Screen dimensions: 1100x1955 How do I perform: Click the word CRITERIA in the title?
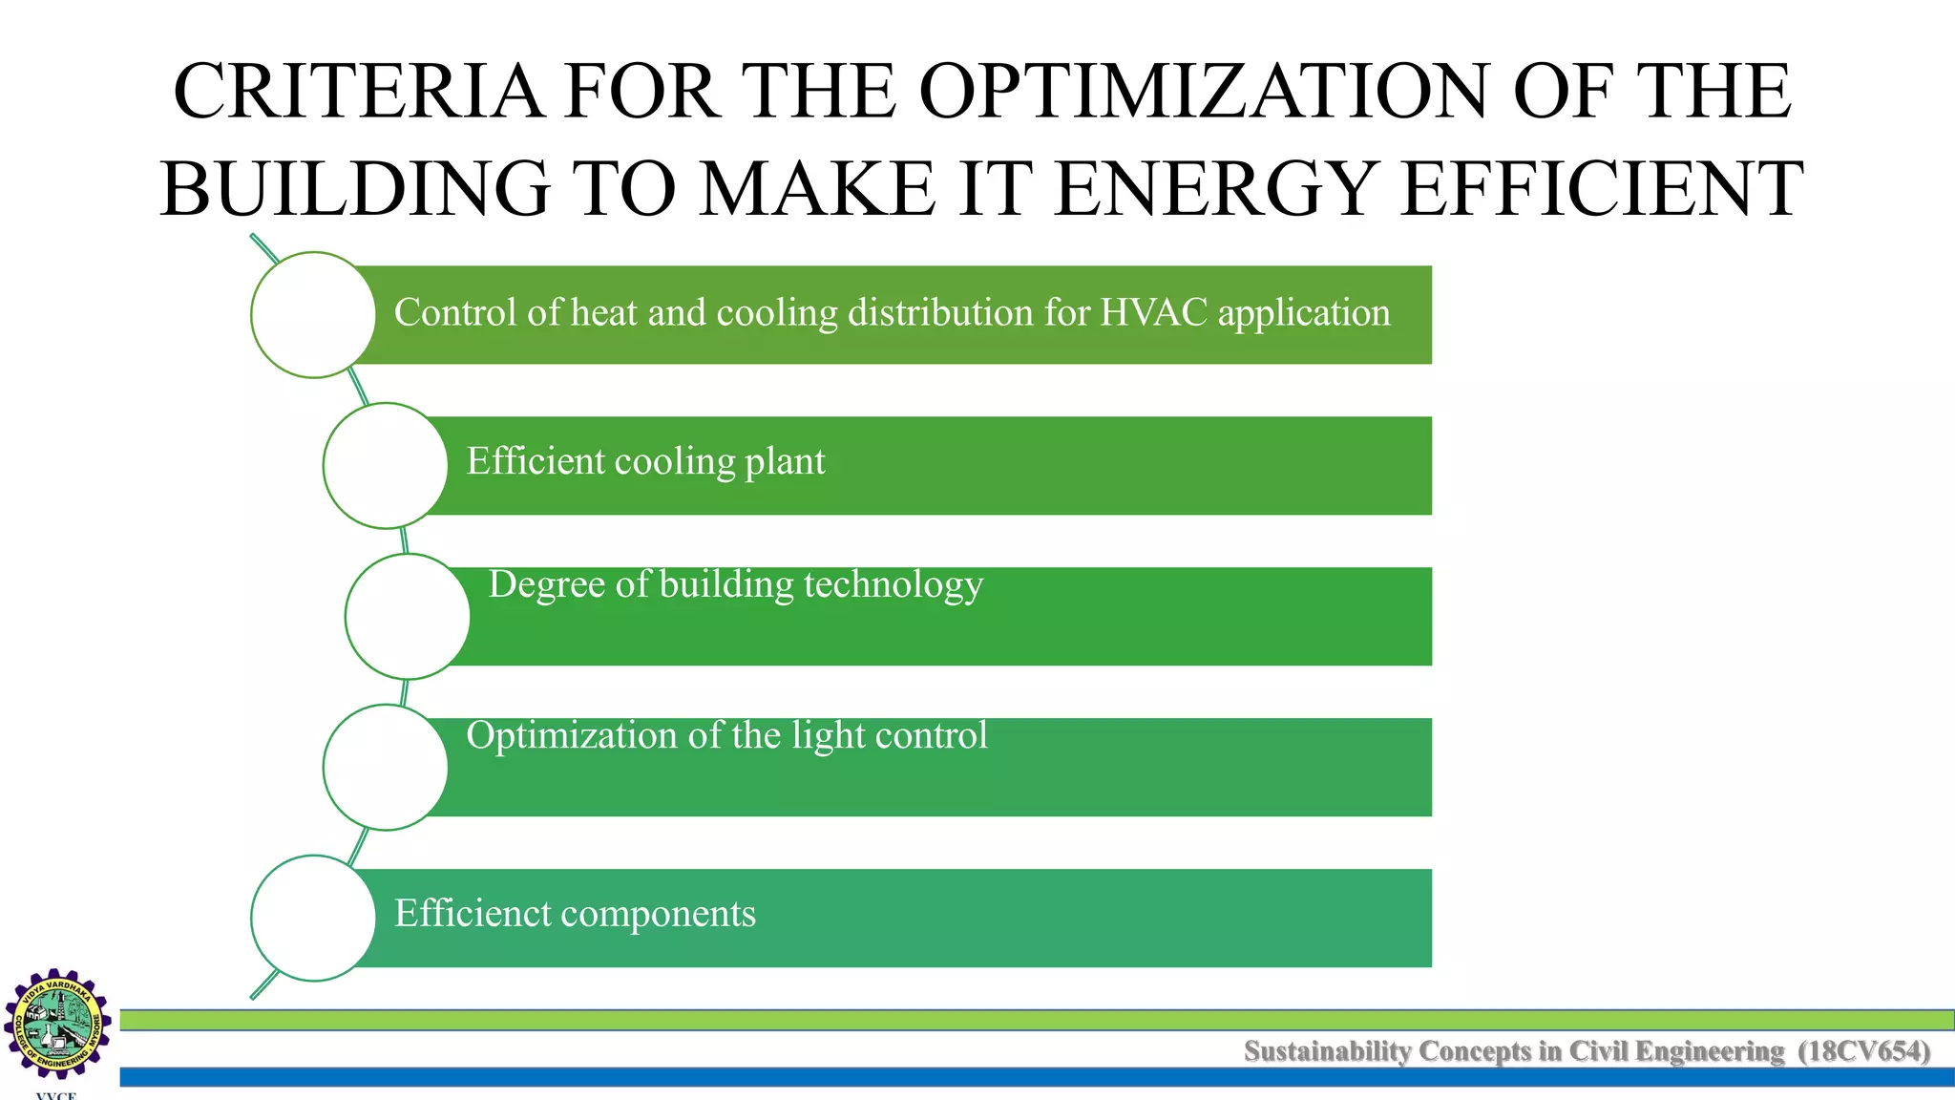point(357,92)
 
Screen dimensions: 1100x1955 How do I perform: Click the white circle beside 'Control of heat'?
point(313,315)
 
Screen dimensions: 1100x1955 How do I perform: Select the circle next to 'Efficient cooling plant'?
point(385,465)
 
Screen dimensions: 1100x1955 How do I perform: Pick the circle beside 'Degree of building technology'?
point(407,616)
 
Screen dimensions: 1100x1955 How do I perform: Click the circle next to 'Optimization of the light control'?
point(385,767)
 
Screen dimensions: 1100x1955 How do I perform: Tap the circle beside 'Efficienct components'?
point(313,918)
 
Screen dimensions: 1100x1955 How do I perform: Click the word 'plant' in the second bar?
point(785,462)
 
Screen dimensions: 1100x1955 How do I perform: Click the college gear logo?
point(57,1024)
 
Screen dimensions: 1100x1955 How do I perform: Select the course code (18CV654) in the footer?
point(1863,1051)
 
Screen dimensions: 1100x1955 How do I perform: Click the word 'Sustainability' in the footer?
point(1327,1051)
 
